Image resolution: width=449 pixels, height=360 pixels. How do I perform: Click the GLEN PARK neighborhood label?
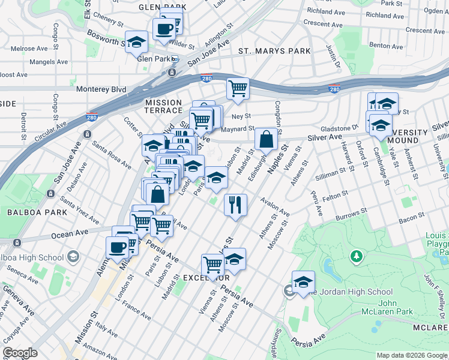(162, 7)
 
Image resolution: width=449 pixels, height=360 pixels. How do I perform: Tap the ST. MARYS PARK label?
(275, 51)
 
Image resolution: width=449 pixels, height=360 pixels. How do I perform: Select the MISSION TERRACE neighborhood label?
(163, 106)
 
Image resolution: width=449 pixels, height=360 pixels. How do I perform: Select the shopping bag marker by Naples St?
(266, 139)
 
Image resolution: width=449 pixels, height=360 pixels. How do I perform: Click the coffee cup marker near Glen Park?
(164, 28)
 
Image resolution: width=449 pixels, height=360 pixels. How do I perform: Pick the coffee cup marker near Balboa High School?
(117, 247)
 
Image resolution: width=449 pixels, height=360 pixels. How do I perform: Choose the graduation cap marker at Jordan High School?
(304, 281)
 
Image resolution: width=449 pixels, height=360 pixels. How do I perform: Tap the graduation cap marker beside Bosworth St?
(137, 43)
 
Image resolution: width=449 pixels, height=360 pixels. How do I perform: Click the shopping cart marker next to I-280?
(238, 88)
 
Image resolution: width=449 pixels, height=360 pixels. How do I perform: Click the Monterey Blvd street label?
(101, 89)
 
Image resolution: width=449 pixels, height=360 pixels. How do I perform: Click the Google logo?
(20, 353)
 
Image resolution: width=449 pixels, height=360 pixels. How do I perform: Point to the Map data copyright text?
(411, 355)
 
